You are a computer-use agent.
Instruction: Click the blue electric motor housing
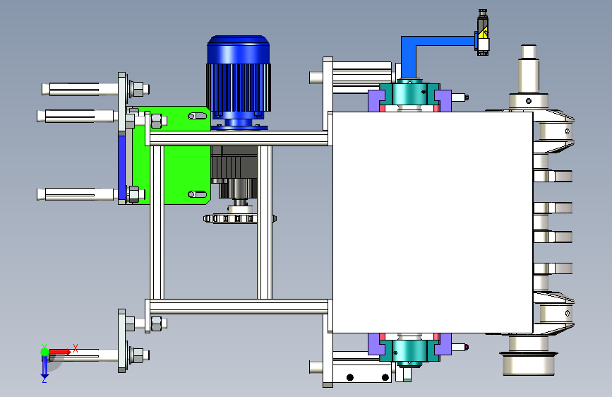point(239,82)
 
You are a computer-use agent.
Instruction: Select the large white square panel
point(433,223)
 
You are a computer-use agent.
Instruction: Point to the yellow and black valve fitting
point(483,32)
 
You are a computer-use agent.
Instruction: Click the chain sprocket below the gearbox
point(240,218)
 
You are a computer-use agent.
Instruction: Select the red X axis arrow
point(59,352)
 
